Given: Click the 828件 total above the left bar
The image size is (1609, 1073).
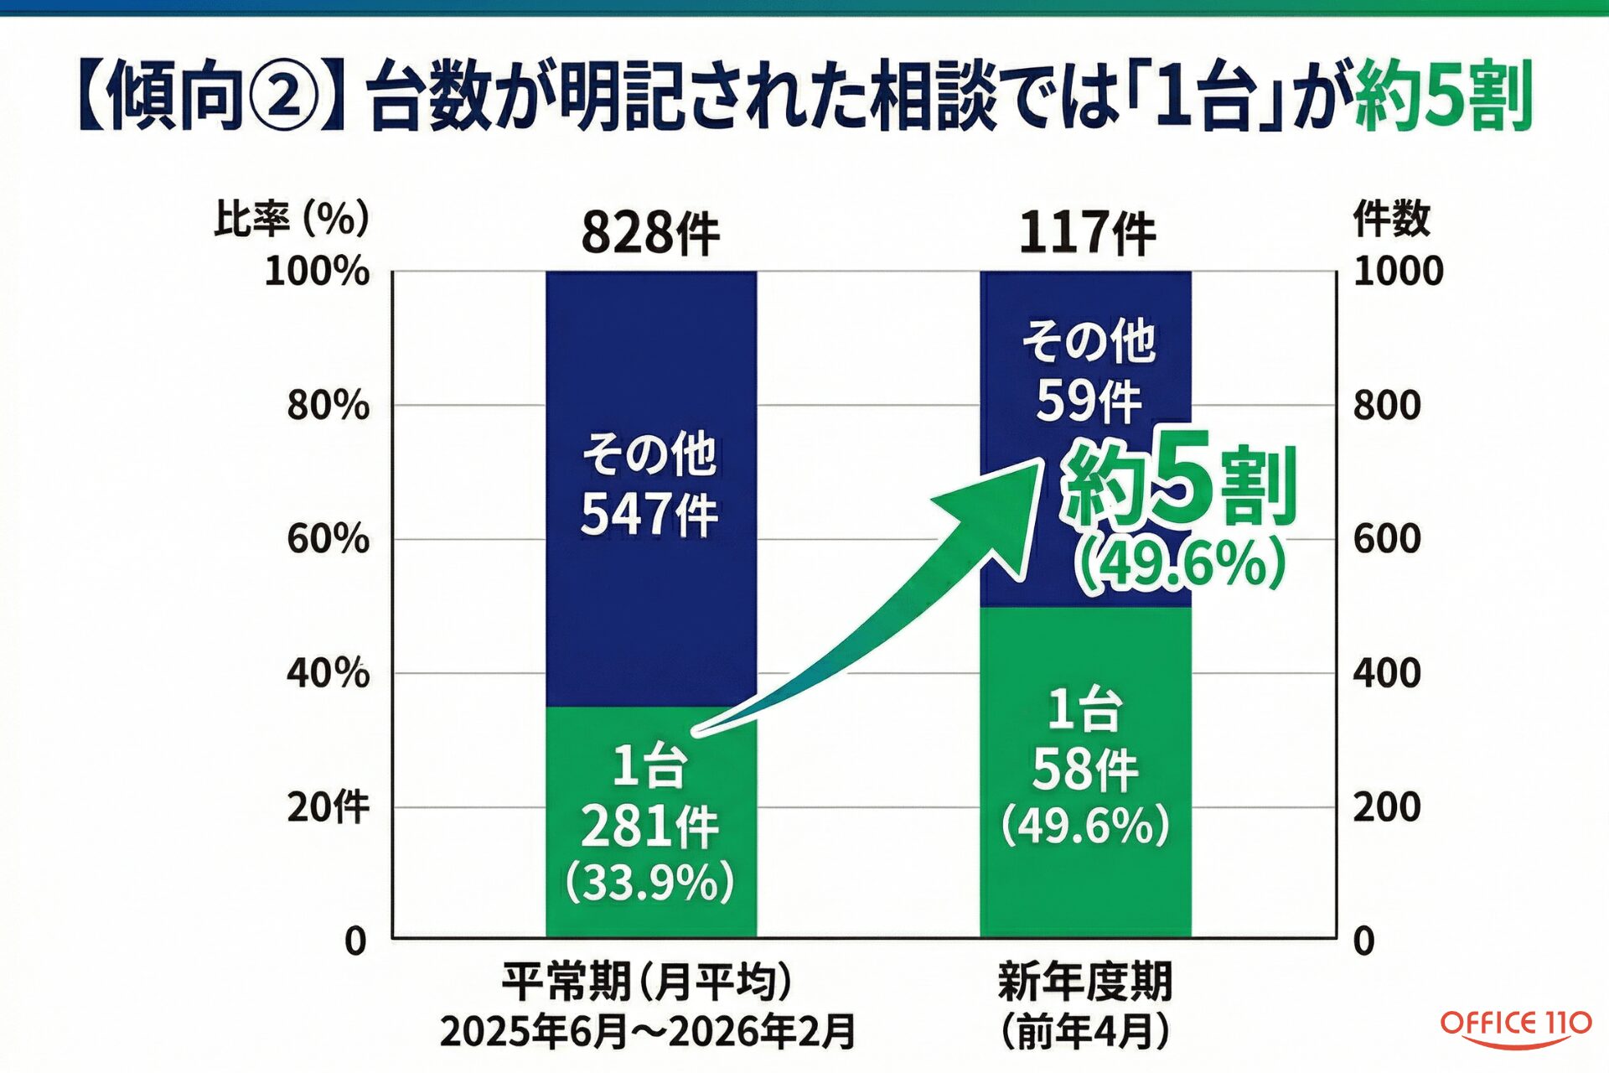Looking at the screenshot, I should click(x=650, y=233).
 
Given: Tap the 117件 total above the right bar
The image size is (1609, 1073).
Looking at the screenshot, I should click(x=1087, y=233).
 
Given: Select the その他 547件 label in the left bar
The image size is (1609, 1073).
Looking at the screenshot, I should click(x=649, y=485).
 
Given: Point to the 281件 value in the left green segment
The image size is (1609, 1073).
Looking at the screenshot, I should click(x=649, y=827).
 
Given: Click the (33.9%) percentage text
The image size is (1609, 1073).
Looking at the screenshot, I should click(x=649, y=882).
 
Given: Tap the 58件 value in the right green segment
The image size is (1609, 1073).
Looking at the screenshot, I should click(x=1085, y=770).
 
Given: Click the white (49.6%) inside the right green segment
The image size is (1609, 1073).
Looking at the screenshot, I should click(x=1085, y=826).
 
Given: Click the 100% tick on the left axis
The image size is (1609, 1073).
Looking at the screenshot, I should click(x=317, y=272).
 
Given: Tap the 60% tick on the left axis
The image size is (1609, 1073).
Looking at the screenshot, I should click(x=328, y=538).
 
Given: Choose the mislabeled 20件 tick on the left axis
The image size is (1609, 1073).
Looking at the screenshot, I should click(x=328, y=806).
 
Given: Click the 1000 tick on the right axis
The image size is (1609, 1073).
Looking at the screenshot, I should click(x=1398, y=272).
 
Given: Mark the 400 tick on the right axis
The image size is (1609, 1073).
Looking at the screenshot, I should click(x=1387, y=672).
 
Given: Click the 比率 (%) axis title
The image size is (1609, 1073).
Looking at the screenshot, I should click(x=291, y=219).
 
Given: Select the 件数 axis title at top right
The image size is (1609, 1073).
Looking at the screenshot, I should click(x=1391, y=219).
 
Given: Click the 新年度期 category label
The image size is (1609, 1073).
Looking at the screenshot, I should click(x=1085, y=982).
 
